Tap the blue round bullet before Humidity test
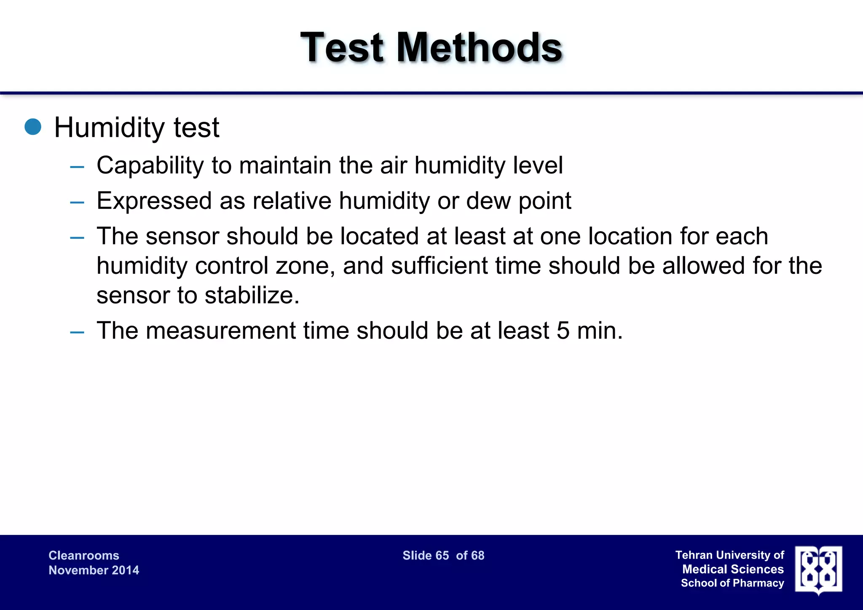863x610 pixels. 33,127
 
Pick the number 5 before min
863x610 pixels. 563,330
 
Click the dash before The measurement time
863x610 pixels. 77,332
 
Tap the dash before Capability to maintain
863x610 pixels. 77,167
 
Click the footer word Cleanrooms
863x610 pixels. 84,555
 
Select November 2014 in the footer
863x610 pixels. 94,570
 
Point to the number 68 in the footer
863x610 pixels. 478,555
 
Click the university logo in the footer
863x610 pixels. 818,570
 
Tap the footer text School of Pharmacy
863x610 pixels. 732,583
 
